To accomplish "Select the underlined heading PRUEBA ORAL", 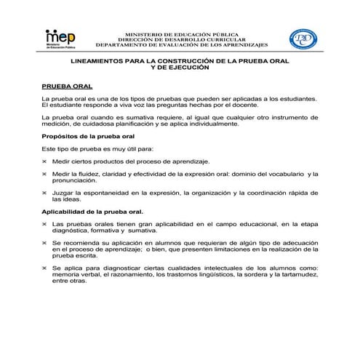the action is [x=67, y=85].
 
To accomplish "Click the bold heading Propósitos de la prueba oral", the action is [x=87, y=137].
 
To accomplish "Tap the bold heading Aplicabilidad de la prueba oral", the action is [x=92, y=212].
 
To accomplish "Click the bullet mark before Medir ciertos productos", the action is [x=45, y=160].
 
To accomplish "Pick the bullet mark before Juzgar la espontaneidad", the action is [x=45, y=193].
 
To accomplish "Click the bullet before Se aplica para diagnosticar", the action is [x=45, y=268].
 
